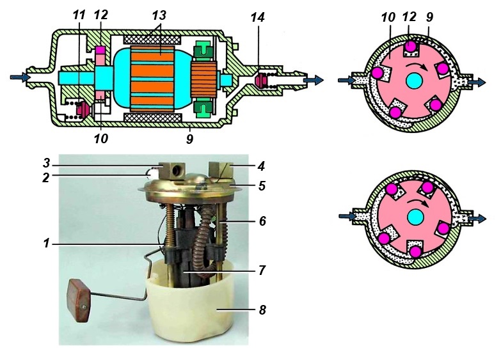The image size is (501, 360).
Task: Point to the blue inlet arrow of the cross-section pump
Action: [19, 77]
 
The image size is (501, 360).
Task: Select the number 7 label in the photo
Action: [261, 270]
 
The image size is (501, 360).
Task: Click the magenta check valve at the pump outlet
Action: [260, 81]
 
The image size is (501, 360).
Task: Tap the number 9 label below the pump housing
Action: [189, 137]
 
